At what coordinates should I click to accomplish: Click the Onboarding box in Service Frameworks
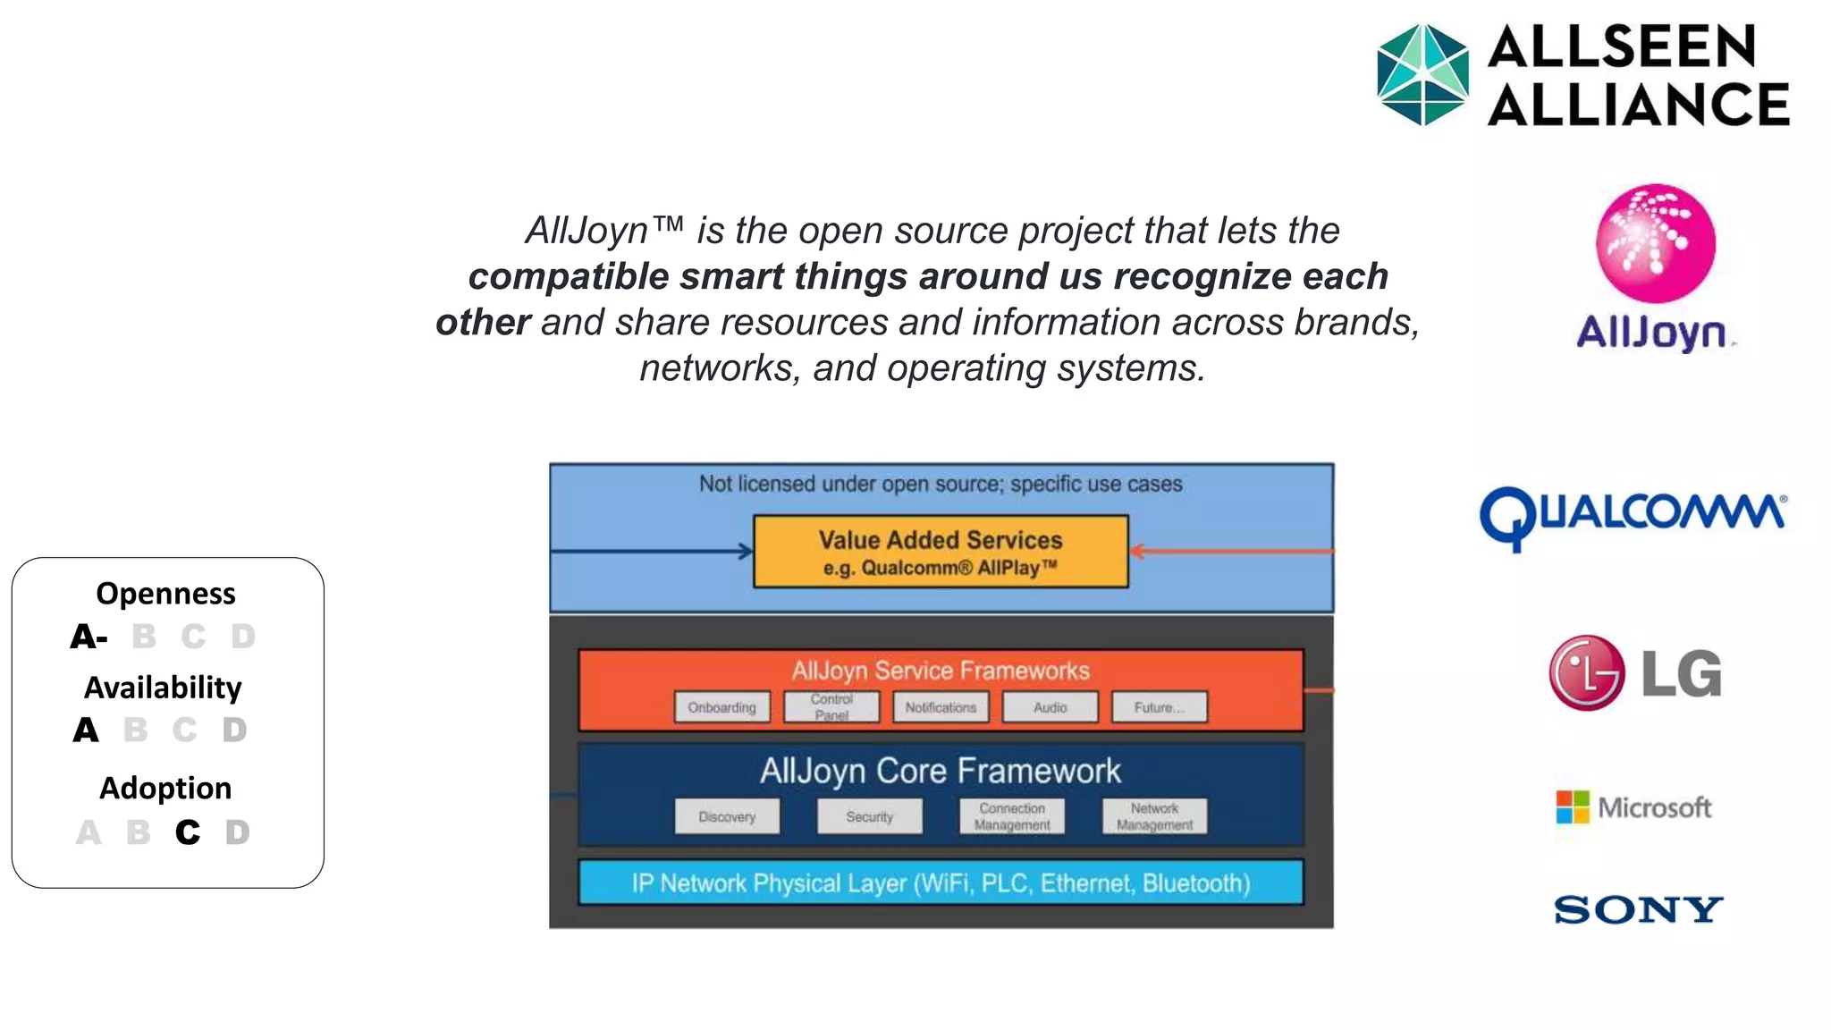[721, 707]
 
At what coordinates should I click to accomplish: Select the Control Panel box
[831, 707]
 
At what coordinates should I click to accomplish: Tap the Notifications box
[941, 707]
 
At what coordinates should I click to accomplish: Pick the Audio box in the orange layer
[1050, 707]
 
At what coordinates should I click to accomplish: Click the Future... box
[1159, 707]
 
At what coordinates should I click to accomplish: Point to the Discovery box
[727, 816]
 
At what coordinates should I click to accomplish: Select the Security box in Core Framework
[869, 816]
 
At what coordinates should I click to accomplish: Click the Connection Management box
[1012, 816]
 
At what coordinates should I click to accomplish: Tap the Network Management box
[1154, 816]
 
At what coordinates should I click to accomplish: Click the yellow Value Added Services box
[941, 552]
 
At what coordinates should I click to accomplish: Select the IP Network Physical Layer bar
[941, 883]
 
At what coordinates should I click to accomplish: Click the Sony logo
[1638, 910]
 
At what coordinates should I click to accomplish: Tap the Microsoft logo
[1633, 807]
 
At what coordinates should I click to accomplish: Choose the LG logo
[1635, 673]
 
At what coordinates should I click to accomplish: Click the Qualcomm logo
[1633, 518]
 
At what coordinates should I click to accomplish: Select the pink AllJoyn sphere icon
[1655, 243]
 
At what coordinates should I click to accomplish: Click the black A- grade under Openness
[89, 637]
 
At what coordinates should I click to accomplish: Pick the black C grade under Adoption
[188, 832]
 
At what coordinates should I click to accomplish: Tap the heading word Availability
[163, 688]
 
